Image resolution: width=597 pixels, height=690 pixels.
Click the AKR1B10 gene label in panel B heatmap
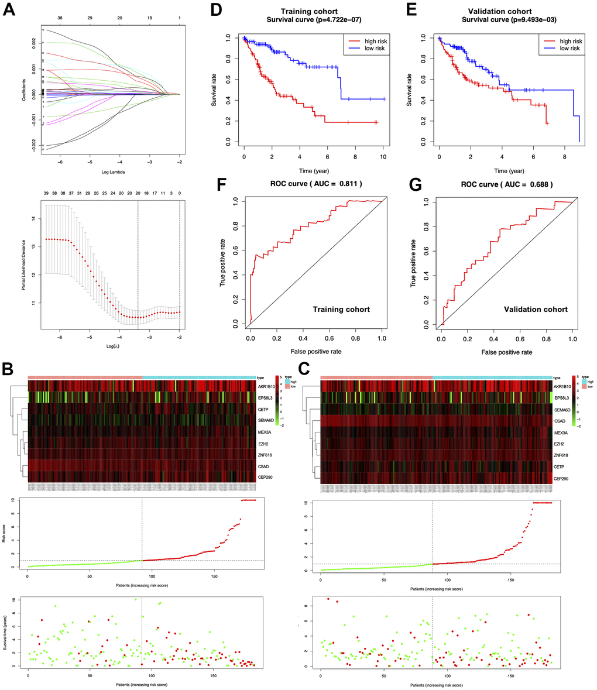click(266, 387)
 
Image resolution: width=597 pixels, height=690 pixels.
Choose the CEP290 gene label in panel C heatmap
click(562, 479)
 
